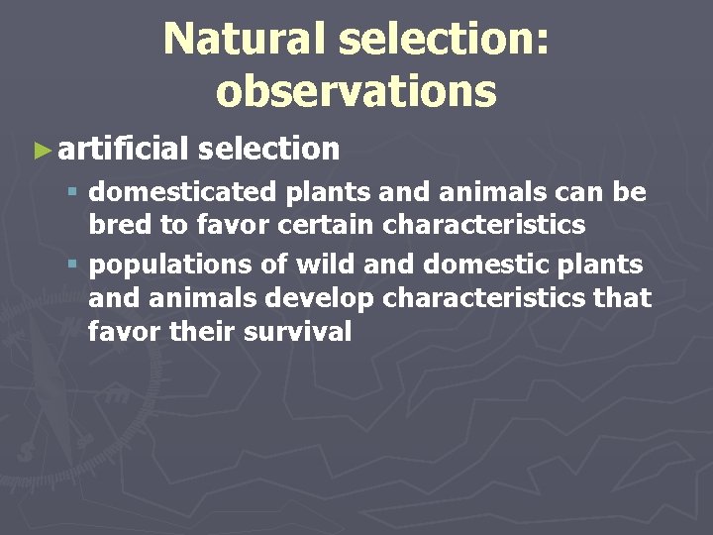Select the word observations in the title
(x=356, y=91)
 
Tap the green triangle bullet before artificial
(x=41, y=151)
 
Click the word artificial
(x=123, y=150)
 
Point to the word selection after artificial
(x=268, y=150)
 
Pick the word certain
(x=328, y=225)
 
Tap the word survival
(x=301, y=332)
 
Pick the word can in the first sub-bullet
(x=574, y=189)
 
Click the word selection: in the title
(x=444, y=40)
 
